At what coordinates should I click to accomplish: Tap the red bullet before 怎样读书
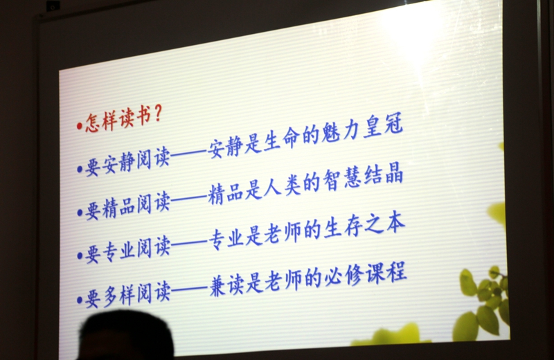(x=80, y=125)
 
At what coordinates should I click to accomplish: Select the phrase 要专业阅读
(x=128, y=249)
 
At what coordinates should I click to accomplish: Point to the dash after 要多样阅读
(x=189, y=289)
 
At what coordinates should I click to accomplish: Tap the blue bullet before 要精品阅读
(x=80, y=213)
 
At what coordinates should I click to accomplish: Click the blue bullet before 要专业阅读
(x=80, y=255)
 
